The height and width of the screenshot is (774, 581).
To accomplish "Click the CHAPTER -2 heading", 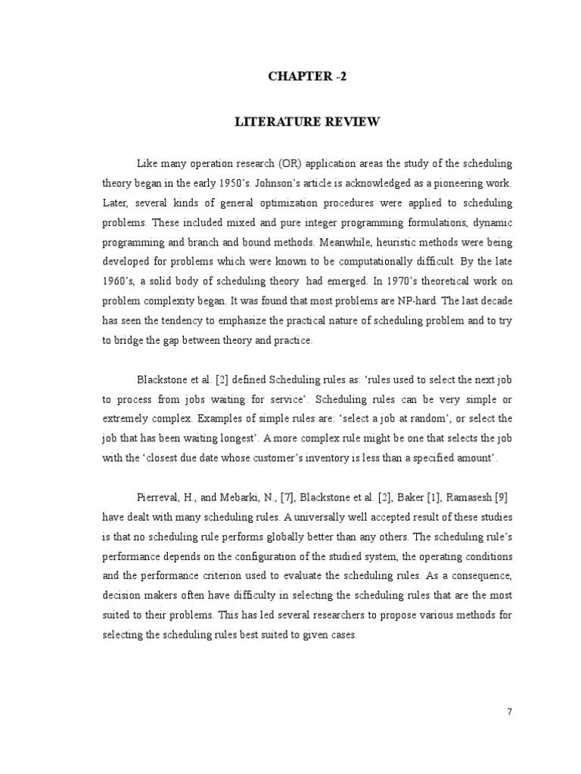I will (x=307, y=76).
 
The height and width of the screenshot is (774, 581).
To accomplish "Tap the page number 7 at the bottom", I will (x=510, y=711).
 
